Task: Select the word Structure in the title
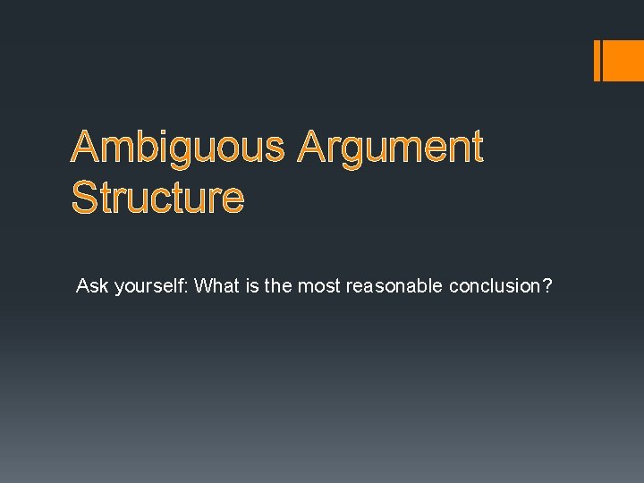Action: point(157,198)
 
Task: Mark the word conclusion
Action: point(495,286)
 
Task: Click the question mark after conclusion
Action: point(547,286)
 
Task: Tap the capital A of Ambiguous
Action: point(86,148)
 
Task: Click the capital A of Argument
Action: point(314,148)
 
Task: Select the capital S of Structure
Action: point(86,198)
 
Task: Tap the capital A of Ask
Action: point(82,286)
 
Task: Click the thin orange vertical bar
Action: point(597,60)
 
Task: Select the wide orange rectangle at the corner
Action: point(624,60)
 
